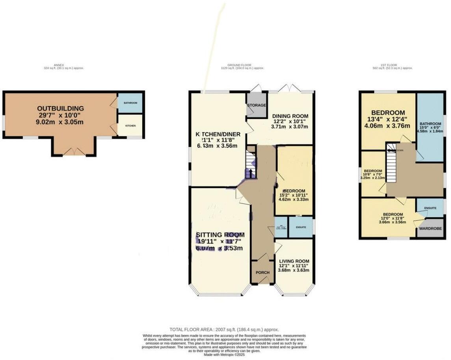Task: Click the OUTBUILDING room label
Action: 60,108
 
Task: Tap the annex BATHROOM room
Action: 130,103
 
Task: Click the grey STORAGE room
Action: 257,105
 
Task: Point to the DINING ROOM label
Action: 290,116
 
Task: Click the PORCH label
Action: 263,272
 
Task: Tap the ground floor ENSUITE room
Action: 301,228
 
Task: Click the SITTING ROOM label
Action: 220,235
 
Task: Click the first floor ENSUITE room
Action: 430,208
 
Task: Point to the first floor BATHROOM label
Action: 430,123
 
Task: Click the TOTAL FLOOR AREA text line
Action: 224,330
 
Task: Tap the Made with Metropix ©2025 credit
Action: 224,354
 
